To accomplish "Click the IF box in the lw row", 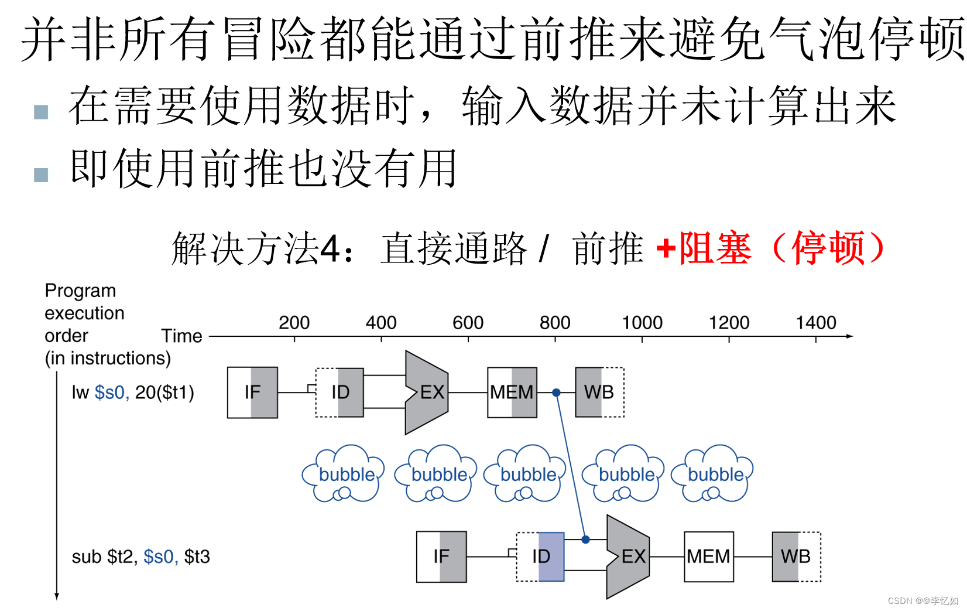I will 252,392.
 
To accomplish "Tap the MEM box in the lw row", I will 512,392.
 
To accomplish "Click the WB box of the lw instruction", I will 599,392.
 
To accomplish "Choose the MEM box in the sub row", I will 709,557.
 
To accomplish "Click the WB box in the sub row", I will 796,557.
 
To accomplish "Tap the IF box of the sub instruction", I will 441,557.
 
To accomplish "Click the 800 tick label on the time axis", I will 555,323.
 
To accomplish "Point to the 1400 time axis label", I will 816,323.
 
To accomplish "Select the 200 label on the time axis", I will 294,323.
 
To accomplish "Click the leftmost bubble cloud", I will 344,474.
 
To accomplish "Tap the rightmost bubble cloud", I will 714,474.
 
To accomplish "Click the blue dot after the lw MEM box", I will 557,392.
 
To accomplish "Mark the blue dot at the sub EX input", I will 585,540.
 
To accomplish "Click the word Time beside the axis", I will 181,336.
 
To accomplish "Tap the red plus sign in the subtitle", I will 666,248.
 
